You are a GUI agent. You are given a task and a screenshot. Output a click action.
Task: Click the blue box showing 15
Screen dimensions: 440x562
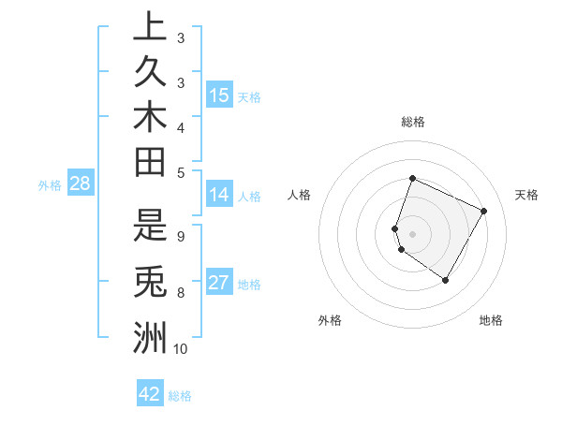[x=219, y=95]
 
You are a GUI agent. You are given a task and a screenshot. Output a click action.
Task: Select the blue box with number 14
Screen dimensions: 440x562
[x=219, y=195]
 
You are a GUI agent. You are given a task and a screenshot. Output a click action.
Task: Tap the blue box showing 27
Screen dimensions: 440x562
[x=219, y=284]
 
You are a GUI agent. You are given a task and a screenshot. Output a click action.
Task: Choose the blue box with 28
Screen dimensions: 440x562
[x=80, y=184]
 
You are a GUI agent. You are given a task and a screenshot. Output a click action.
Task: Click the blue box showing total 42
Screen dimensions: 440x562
[x=150, y=394]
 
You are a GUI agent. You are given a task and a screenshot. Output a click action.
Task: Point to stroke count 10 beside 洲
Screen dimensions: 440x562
[x=180, y=349]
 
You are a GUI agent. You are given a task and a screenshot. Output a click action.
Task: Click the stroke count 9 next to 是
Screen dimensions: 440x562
[x=180, y=236]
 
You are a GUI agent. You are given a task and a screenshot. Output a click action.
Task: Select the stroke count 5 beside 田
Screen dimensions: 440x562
[x=180, y=171]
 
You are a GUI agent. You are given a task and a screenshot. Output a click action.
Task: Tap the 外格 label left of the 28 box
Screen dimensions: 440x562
[x=50, y=185]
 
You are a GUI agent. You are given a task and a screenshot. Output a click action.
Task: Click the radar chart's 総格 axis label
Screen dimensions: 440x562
[x=412, y=122]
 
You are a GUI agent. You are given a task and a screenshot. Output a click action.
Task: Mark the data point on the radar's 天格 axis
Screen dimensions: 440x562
[x=483, y=212]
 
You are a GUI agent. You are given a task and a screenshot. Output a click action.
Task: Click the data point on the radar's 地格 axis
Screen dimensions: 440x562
[x=445, y=280]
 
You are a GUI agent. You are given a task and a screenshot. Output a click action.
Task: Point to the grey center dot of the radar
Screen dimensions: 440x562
[x=412, y=233]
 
